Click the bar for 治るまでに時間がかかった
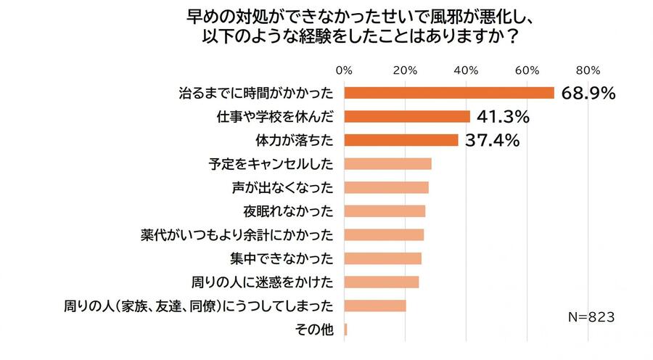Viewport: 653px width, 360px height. coord(448,93)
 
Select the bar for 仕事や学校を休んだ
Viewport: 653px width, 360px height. coord(407,116)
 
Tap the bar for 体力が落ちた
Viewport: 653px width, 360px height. coord(401,140)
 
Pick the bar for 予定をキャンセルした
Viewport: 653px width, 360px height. coord(387,164)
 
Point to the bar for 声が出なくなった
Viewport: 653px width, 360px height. coord(386,187)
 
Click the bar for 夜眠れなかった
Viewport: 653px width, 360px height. coord(385,211)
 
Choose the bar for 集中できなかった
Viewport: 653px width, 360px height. coord(382,258)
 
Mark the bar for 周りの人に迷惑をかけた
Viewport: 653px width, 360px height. coord(381,282)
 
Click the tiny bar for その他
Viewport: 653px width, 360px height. coord(345,330)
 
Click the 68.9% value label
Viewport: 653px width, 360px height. coord(588,94)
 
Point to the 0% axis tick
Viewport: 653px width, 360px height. coord(345,70)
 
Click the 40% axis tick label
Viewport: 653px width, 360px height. coord(466,70)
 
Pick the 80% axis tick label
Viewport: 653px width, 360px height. coord(588,70)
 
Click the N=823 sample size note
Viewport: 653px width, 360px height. coord(591,317)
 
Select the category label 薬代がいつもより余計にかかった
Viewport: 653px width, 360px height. coord(237,235)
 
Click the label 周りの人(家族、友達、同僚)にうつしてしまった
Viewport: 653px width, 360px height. coord(199,306)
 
